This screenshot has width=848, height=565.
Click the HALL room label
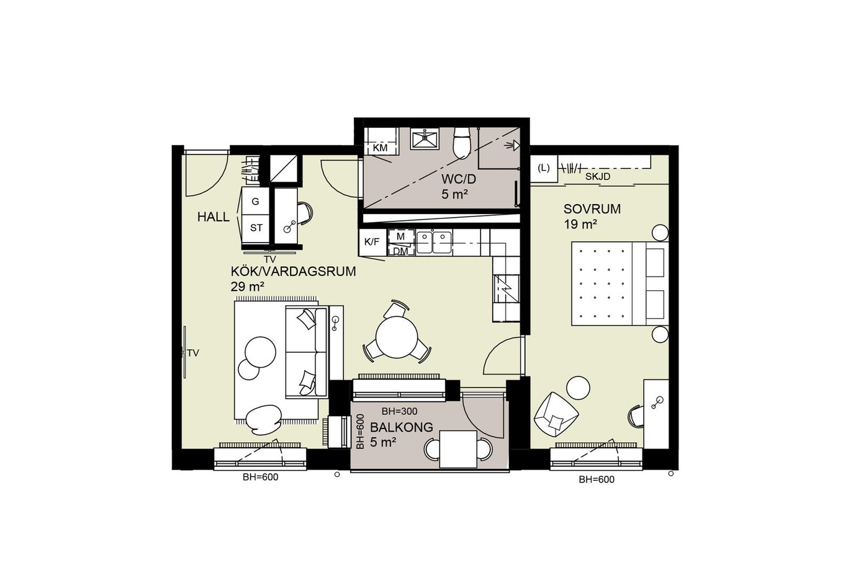pos(214,216)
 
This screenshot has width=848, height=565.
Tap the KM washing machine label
pos(380,148)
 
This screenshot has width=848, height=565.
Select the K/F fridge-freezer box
pos(372,242)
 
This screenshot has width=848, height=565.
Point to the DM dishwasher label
pos(400,251)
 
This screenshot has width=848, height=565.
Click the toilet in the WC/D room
pos(462,143)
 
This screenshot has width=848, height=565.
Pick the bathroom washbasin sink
pos(425,139)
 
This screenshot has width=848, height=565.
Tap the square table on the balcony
pos(458,449)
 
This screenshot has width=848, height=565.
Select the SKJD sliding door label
pos(598,177)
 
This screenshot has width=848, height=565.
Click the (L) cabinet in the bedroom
pos(544,168)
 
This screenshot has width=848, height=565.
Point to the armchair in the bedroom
pos(556,414)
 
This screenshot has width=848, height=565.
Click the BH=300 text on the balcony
pos(399,411)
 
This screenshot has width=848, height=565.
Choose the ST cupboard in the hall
pos(256,228)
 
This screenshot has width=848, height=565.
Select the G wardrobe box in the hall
pos(256,201)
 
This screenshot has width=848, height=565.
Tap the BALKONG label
pos(401,427)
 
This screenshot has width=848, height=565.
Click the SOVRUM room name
pos(592,209)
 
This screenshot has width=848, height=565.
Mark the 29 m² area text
pos(247,287)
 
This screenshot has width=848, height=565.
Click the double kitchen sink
pos(434,242)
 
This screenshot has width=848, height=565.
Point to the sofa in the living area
pos(306,352)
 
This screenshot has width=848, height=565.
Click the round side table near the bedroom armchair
pos(578,388)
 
